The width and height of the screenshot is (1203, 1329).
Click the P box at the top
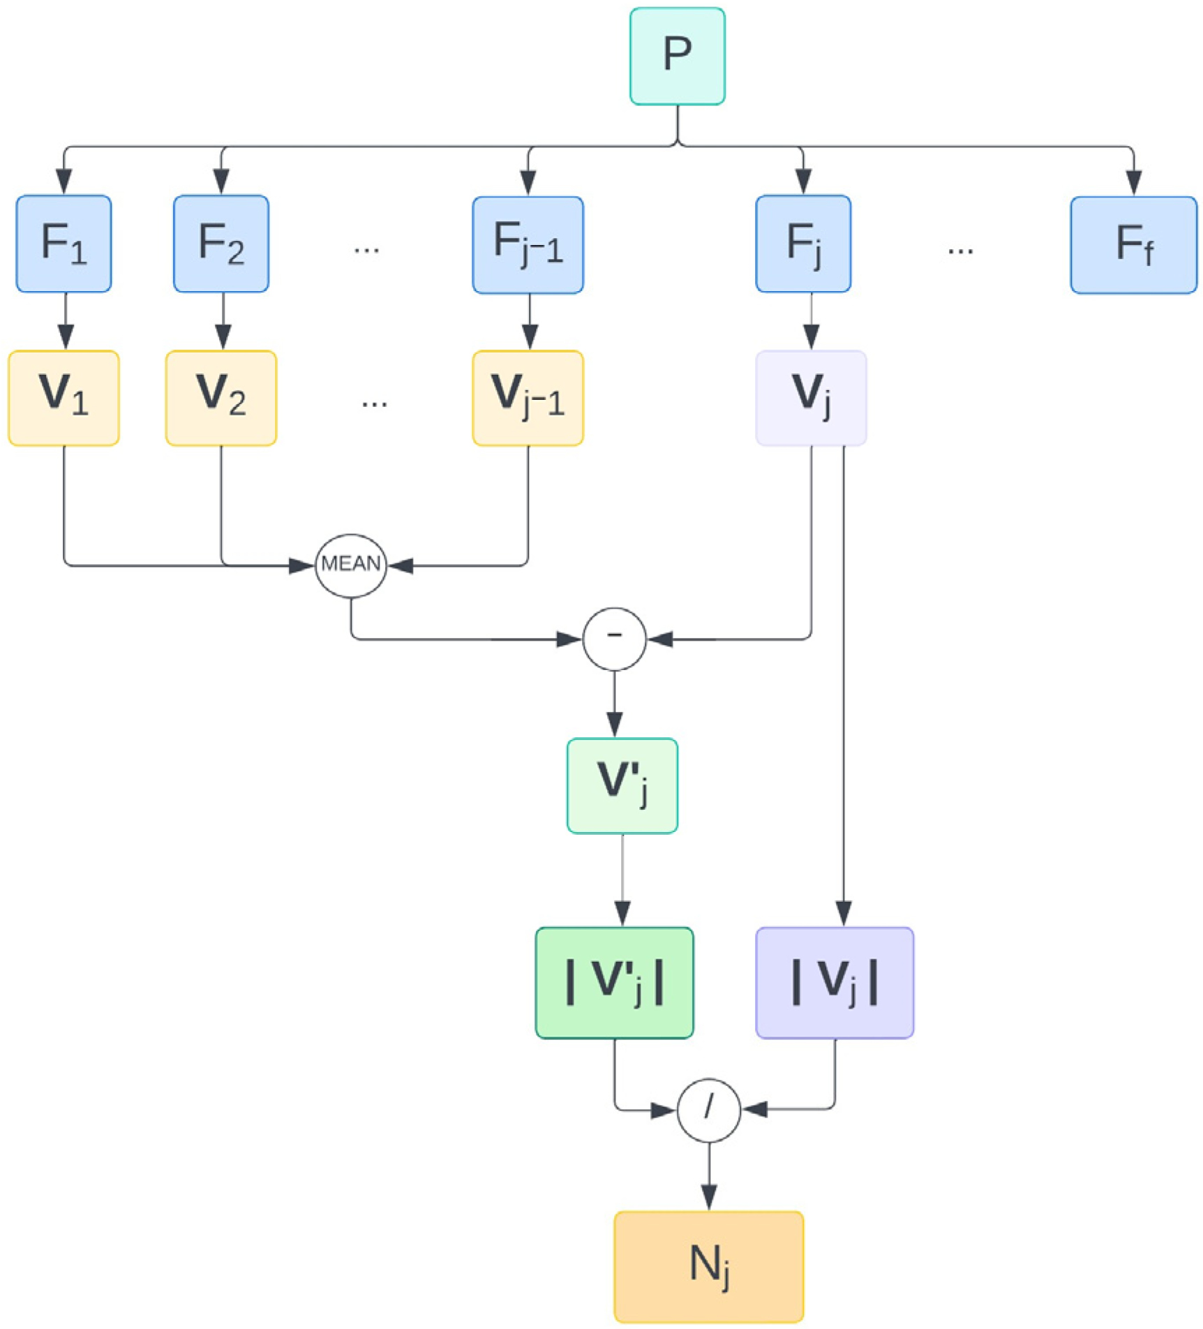(x=677, y=56)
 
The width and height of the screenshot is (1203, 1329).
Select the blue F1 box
(x=63, y=244)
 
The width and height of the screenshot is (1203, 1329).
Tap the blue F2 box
(x=221, y=244)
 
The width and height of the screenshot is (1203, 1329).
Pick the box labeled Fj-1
(x=528, y=244)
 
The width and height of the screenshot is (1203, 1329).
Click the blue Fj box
(x=802, y=244)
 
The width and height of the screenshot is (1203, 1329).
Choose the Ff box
(x=1133, y=244)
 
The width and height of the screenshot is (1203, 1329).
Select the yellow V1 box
(x=63, y=398)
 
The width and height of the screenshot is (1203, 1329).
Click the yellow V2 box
(x=221, y=398)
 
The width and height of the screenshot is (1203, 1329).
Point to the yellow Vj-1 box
(x=528, y=398)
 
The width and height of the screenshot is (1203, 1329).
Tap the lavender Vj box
(x=811, y=398)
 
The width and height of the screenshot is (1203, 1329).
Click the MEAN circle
(x=350, y=565)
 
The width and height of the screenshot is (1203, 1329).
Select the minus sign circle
(x=614, y=639)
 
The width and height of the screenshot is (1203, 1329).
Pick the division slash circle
(x=708, y=1110)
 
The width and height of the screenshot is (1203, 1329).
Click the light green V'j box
(x=622, y=786)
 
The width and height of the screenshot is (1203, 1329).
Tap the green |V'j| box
(x=614, y=983)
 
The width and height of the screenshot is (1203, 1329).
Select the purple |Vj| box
(x=835, y=983)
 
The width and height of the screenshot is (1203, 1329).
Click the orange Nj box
(x=708, y=1266)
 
